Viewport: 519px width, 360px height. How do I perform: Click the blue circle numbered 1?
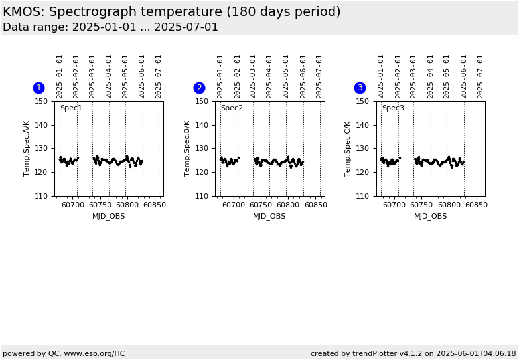click(38, 88)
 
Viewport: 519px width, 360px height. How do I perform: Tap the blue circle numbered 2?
click(199, 88)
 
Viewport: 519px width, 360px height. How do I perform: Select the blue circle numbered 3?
click(360, 88)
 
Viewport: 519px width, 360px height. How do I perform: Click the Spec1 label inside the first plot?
click(71, 108)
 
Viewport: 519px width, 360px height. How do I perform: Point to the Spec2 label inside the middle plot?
click(232, 108)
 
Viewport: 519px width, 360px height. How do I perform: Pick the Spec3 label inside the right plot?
click(392, 108)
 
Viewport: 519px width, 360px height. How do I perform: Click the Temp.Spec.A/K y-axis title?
click(27, 148)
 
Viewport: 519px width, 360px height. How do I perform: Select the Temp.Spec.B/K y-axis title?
click(187, 148)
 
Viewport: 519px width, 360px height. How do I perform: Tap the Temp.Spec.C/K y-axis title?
click(348, 148)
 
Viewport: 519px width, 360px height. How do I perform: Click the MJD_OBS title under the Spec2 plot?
click(269, 216)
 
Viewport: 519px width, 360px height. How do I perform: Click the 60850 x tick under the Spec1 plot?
click(155, 205)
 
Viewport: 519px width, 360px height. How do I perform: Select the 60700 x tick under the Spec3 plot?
click(394, 205)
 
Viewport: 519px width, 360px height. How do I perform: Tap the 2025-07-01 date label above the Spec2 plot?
click(319, 76)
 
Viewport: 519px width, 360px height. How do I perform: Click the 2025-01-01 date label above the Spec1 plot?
click(60, 76)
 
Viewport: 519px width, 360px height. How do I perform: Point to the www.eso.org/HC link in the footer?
click(91, 353)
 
